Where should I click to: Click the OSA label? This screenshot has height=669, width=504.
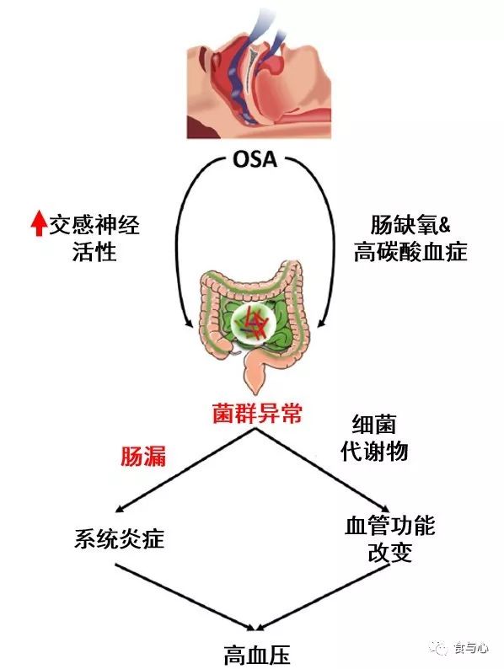[255, 159]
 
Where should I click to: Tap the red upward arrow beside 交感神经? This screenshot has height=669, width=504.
[39, 224]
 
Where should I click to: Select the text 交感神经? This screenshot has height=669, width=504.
[94, 225]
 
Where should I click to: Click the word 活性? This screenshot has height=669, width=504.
[94, 251]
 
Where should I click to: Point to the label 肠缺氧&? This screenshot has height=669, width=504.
[410, 225]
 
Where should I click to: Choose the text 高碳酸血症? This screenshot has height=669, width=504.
[410, 251]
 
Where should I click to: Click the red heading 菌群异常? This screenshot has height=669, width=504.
[257, 414]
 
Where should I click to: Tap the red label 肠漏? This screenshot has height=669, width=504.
[143, 457]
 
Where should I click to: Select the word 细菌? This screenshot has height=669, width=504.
[374, 424]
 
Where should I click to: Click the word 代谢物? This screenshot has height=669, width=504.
[374, 451]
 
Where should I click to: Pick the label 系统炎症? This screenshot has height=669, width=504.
[120, 538]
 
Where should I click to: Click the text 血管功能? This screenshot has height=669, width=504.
[389, 525]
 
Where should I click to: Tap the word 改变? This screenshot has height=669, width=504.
[389, 552]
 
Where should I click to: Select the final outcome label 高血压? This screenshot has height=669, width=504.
[257, 655]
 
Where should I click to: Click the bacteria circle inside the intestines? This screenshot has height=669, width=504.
[253, 321]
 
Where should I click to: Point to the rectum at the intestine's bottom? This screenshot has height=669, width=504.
[255, 370]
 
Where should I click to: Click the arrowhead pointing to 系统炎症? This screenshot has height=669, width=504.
[121, 507]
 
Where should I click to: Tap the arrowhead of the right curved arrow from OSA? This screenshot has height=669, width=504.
[322, 323]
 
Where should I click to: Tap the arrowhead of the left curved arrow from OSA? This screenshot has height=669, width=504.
[188, 323]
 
